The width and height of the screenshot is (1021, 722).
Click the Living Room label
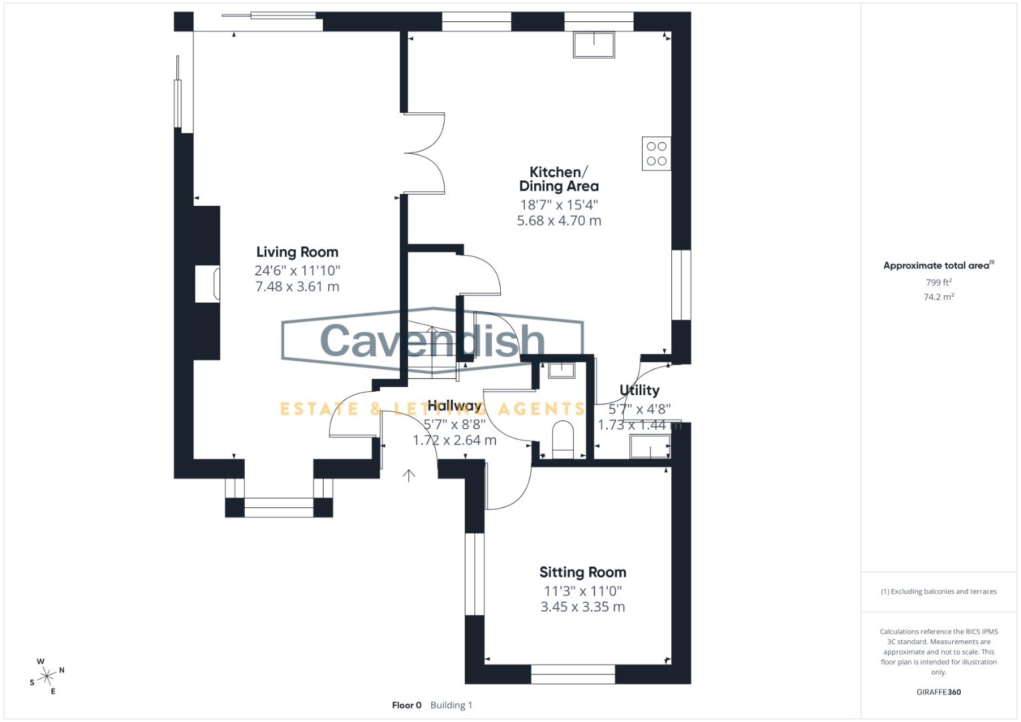[x=297, y=252]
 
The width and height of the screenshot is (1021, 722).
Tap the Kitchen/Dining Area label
[x=559, y=179]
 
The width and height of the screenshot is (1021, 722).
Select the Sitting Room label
[x=582, y=572]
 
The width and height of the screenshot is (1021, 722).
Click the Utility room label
[x=639, y=390]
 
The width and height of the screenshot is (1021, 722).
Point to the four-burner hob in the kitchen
[x=656, y=153]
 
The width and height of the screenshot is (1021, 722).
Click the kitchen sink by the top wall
[x=594, y=44]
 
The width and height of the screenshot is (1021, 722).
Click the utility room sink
[x=650, y=446]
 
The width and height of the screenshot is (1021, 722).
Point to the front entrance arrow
[x=409, y=475]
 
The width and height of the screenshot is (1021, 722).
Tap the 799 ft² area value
[x=938, y=282]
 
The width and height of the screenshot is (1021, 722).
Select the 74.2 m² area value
[x=938, y=297]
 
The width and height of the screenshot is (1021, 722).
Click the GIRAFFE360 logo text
[x=938, y=692]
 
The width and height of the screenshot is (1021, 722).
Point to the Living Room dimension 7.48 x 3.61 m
[x=297, y=287]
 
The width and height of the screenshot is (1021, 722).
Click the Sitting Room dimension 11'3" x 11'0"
[x=582, y=591]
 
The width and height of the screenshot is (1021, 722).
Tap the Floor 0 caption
[x=407, y=705]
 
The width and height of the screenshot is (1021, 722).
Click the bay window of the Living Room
[x=278, y=507]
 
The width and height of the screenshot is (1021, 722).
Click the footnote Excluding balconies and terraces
[x=938, y=592]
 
